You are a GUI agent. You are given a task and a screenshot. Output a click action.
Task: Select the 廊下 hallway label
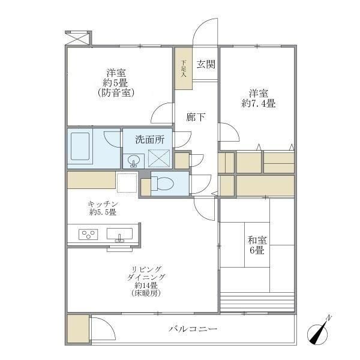[196, 117]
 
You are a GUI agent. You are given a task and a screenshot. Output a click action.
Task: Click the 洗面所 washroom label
[148, 140]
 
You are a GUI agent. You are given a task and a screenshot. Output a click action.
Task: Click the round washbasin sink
[134, 160]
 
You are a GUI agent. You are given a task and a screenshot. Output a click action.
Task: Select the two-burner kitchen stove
[88, 234]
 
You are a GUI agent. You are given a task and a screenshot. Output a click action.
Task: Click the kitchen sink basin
[119, 234]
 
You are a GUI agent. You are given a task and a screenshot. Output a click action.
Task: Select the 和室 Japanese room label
[258, 240]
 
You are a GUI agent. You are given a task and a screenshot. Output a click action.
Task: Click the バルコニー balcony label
[193, 329]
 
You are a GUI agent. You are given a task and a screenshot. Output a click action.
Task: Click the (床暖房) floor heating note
[146, 294]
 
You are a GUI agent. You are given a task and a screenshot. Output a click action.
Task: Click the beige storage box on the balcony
[77, 329]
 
